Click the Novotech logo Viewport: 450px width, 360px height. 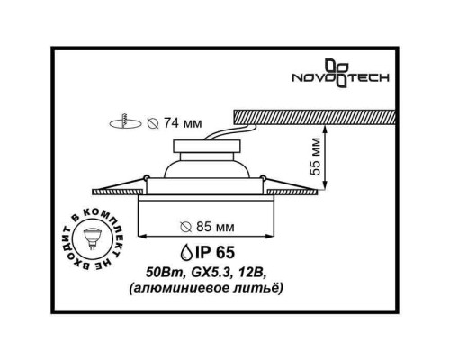356,75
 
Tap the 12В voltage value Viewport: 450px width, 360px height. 255,272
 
